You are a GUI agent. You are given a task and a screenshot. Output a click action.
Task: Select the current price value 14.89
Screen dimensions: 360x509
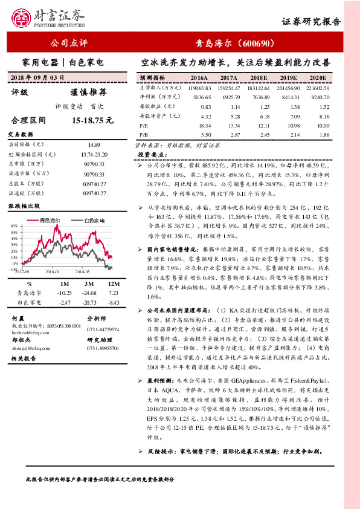coord(93,145)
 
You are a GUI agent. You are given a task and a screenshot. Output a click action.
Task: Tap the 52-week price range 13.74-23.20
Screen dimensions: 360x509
coord(93,155)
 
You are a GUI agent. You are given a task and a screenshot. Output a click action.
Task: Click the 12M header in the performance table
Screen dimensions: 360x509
coord(112,283)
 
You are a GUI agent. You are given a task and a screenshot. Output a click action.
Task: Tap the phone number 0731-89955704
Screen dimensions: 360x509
coord(103,348)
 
